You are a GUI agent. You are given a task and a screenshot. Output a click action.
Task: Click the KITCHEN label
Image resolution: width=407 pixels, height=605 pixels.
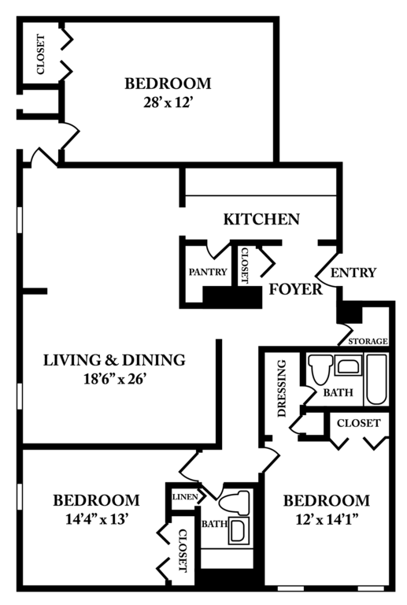[x=261, y=219]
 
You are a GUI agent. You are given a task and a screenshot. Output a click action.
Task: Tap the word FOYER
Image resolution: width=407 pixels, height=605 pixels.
[x=296, y=289]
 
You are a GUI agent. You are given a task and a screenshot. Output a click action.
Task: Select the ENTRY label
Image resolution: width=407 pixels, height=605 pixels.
[x=353, y=273]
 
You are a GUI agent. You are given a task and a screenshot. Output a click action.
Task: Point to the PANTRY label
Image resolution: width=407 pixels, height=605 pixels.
[x=208, y=272]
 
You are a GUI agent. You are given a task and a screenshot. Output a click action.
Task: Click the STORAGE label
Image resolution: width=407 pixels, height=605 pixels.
[x=368, y=341]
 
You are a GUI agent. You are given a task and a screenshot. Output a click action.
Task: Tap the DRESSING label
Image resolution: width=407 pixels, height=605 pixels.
[x=282, y=388]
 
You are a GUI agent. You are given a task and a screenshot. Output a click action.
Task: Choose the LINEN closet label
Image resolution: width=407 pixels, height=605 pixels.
[x=185, y=496]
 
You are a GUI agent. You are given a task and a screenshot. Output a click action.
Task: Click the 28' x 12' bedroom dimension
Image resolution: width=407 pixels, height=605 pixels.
[x=168, y=102]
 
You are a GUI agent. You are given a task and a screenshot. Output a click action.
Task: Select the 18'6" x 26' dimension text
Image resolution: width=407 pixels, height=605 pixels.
[x=114, y=379]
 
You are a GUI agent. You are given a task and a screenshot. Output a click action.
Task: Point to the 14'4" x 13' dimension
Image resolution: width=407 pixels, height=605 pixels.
[x=97, y=519]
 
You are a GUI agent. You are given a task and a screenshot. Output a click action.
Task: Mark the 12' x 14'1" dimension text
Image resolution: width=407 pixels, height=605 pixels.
[x=327, y=520]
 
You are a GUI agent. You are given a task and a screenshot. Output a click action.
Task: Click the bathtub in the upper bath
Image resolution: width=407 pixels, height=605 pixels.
[x=376, y=379]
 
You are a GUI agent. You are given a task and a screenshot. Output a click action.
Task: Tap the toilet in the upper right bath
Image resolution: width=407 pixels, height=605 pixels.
[x=320, y=369]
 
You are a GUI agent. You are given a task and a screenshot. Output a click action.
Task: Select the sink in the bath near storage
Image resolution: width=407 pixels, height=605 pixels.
[x=349, y=366]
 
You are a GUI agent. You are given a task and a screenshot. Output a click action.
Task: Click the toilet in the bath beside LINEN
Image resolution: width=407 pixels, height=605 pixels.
[x=235, y=503]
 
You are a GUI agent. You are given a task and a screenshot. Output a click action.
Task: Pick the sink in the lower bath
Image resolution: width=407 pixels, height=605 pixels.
[x=239, y=530]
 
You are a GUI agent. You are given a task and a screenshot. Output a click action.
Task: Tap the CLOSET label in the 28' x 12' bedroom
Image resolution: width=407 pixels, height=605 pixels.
[x=40, y=54]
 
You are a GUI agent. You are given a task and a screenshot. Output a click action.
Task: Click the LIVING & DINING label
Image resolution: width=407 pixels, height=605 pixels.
[x=114, y=360]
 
